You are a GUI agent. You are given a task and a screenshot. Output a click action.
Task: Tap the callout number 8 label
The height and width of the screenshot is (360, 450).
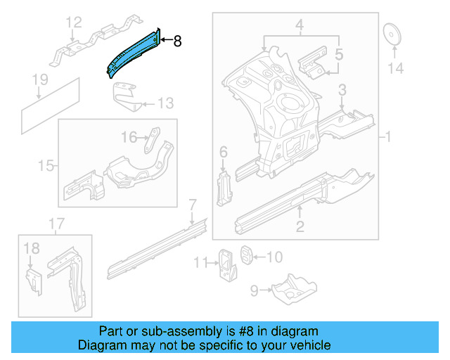point(177,42)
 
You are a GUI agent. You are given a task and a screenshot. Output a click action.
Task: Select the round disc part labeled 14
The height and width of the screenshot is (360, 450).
point(391,34)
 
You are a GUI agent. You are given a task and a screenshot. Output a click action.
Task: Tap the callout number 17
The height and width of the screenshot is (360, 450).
point(56,224)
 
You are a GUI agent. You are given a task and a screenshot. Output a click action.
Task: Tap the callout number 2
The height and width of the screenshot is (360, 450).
point(300,226)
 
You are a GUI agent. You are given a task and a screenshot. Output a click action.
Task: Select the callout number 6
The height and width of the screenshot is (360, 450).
point(224,153)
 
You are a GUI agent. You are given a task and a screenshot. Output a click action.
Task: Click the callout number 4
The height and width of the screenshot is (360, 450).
point(300,28)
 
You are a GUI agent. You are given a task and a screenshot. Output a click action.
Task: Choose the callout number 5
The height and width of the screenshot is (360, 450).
point(339,53)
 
